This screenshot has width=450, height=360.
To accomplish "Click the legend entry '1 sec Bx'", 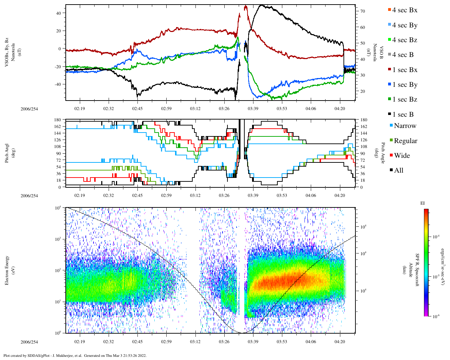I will (404, 70).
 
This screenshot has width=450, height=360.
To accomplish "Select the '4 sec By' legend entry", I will (404, 25).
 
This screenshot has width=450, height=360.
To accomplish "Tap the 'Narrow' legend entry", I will (405, 126).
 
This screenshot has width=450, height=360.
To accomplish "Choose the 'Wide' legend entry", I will (401, 156).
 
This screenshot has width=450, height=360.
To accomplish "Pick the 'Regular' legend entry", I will (405, 141).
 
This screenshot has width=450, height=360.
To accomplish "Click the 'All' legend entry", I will (398, 171).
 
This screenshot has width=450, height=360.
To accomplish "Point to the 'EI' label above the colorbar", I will (423, 203).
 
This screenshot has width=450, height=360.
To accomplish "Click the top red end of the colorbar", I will (426, 211).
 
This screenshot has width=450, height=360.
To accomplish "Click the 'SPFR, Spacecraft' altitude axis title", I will (417, 270).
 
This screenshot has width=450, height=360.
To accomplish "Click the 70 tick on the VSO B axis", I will (362, 11).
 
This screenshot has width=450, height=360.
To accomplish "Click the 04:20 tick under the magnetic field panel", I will (340, 109).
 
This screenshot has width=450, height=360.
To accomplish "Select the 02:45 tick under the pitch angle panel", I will (137, 195).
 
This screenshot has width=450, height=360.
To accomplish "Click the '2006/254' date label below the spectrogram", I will (29, 342).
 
